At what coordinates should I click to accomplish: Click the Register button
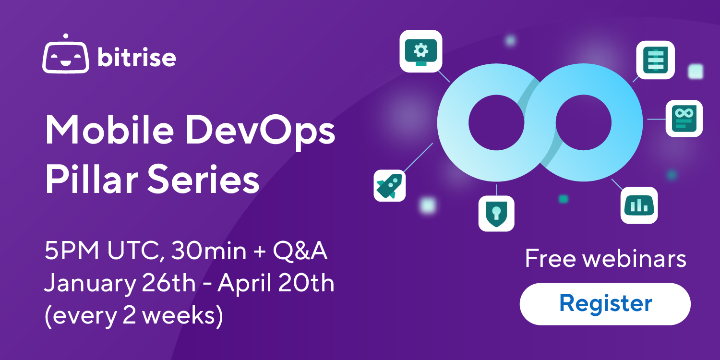[605, 304]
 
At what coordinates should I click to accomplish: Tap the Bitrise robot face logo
[66, 56]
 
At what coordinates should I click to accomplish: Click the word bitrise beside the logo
[137, 58]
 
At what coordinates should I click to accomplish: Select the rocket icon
[390, 186]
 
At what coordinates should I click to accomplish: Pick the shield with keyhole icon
[496, 213]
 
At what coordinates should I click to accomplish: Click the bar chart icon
[639, 205]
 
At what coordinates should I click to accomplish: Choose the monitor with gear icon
[421, 51]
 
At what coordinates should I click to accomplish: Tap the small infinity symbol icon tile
[684, 118]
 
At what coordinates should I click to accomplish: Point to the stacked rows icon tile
[655, 60]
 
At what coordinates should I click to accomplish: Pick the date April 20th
[276, 284]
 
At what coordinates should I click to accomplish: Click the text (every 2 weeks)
[134, 316]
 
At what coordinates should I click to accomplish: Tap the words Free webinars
[605, 259]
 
